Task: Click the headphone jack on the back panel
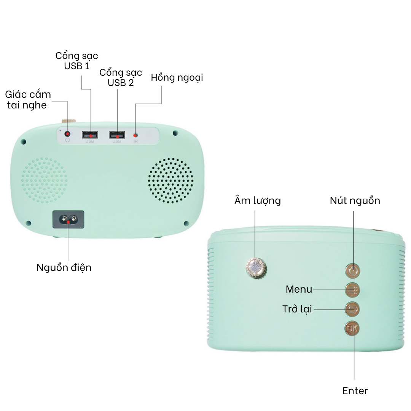(x=68, y=134)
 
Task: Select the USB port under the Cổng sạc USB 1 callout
(x=90, y=135)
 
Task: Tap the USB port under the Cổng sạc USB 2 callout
(x=117, y=135)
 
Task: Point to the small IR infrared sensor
(x=135, y=135)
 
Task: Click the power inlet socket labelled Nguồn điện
(x=68, y=220)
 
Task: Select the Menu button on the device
(x=352, y=290)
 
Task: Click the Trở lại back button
(x=352, y=309)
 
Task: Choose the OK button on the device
(x=352, y=328)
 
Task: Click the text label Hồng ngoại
(x=177, y=78)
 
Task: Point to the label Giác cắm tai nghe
(x=28, y=100)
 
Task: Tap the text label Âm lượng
(x=257, y=201)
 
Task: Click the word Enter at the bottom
(x=355, y=391)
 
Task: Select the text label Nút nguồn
(x=355, y=201)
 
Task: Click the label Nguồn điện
(x=64, y=267)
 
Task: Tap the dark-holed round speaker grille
(x=170, y=180)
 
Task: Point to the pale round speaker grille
(x=44, y=180)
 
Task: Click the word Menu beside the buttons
(x=299, y=290)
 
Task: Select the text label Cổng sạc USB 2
(x=121, y=77)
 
